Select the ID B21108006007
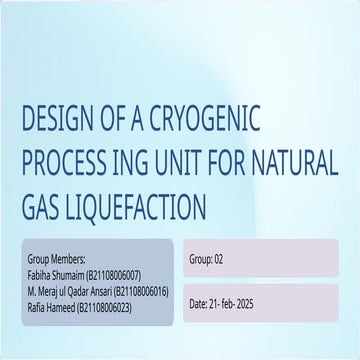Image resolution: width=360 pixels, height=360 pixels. tap(119, 270)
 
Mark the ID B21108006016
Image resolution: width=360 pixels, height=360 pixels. tap(144, 283)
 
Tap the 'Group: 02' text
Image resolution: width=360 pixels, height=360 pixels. tap(206, 259)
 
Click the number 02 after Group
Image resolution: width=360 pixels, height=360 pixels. tap(218, 259)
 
